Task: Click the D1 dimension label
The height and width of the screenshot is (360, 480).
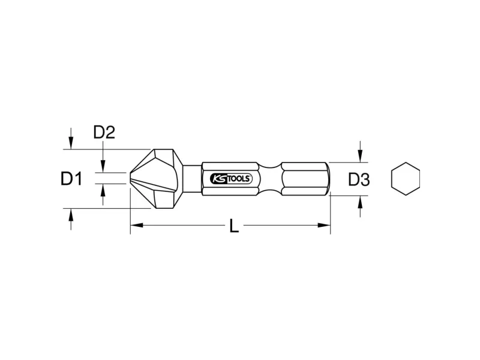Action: tap(71, 179)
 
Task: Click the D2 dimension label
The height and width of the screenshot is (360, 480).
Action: tap(104, 132)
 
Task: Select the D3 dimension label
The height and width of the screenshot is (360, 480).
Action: tap(359, 179)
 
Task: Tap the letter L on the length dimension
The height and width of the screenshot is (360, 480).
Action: tap(234, 226)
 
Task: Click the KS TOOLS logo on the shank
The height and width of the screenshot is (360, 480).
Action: tap(231, 179)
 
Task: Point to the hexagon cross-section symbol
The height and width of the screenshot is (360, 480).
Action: tap(406, 179)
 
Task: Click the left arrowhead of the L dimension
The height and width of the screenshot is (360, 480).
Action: tap(137, 226)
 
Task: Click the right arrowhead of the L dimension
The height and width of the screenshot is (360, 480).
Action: tap(324, 226)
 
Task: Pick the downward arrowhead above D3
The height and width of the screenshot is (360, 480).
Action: tap(361, 156)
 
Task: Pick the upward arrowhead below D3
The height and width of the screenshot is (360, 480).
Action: tap(361, 202)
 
